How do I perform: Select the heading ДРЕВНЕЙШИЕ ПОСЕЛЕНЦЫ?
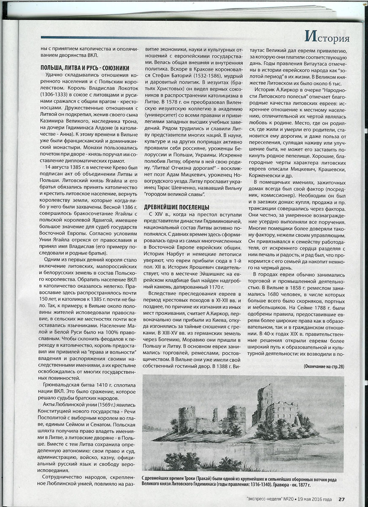coord(176,207)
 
